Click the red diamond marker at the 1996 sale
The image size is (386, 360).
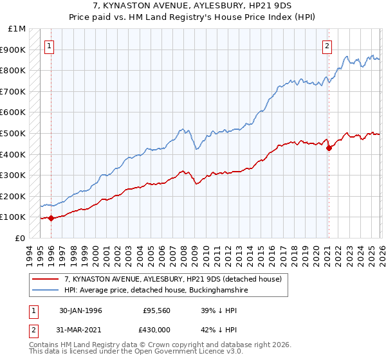(51, 218)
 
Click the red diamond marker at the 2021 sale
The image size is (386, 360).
(329, 148)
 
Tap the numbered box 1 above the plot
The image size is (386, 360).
(50, 46)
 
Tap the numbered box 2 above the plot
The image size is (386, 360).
(327, 46)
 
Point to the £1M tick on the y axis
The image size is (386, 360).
(17, 29)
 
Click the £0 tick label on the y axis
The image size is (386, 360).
(20, 238)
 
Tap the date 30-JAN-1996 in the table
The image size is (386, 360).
(80, 310)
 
